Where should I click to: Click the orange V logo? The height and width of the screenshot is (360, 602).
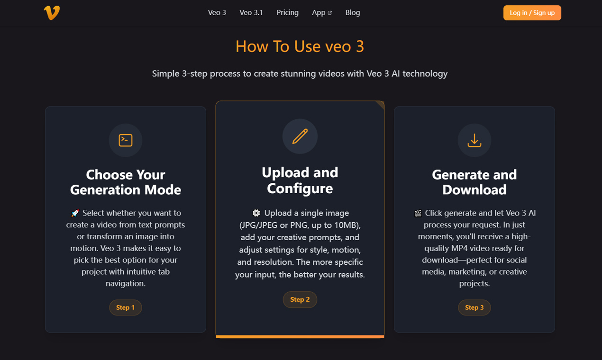(x=52, y=13)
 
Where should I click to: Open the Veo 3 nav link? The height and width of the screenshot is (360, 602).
(x=217, y=13)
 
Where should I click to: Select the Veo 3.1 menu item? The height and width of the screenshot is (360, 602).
(x=251, y=13)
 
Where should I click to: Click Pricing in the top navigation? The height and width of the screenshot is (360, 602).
(x=287, y=13)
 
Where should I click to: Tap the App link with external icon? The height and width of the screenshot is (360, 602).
(x=322, y=13)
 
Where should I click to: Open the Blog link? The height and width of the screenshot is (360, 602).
(x=353, y=13)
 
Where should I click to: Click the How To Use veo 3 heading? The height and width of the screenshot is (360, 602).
(x=300, y=46)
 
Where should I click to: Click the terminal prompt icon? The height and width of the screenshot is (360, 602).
(x=126, y=140)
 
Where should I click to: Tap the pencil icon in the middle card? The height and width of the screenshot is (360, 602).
(x=300, y=136)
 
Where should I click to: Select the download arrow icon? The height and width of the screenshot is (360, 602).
(x=474, y=140)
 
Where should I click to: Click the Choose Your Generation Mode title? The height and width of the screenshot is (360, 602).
(x=126, y=182)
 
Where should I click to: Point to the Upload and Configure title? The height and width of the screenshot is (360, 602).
(x=300, y=180)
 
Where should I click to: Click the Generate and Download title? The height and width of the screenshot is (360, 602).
(x=474, y=182)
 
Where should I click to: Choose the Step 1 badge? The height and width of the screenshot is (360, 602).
(x=126, y=307)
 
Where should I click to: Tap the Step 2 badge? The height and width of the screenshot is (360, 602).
(x=300, y=299)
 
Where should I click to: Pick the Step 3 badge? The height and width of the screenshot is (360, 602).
(x=474, y=307)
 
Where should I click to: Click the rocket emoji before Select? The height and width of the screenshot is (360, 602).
(x=75, y=213)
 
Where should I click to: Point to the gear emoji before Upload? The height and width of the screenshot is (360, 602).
(x=256, y=213)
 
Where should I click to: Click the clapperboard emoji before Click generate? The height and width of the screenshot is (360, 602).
(x=418, y=213)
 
